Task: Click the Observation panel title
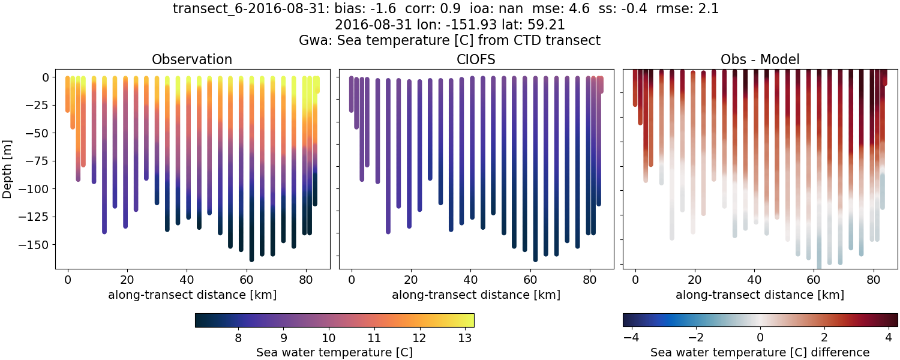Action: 192,59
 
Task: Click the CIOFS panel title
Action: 476,59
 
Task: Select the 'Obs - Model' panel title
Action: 760,59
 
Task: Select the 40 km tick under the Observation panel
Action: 187,280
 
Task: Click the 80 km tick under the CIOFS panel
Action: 589,280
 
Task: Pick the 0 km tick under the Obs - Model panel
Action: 635,280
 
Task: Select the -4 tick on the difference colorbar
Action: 629,338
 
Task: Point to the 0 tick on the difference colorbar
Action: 760,338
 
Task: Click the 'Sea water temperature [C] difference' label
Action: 760,352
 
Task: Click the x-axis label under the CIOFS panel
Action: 476,295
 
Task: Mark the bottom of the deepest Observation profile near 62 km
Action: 251,259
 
